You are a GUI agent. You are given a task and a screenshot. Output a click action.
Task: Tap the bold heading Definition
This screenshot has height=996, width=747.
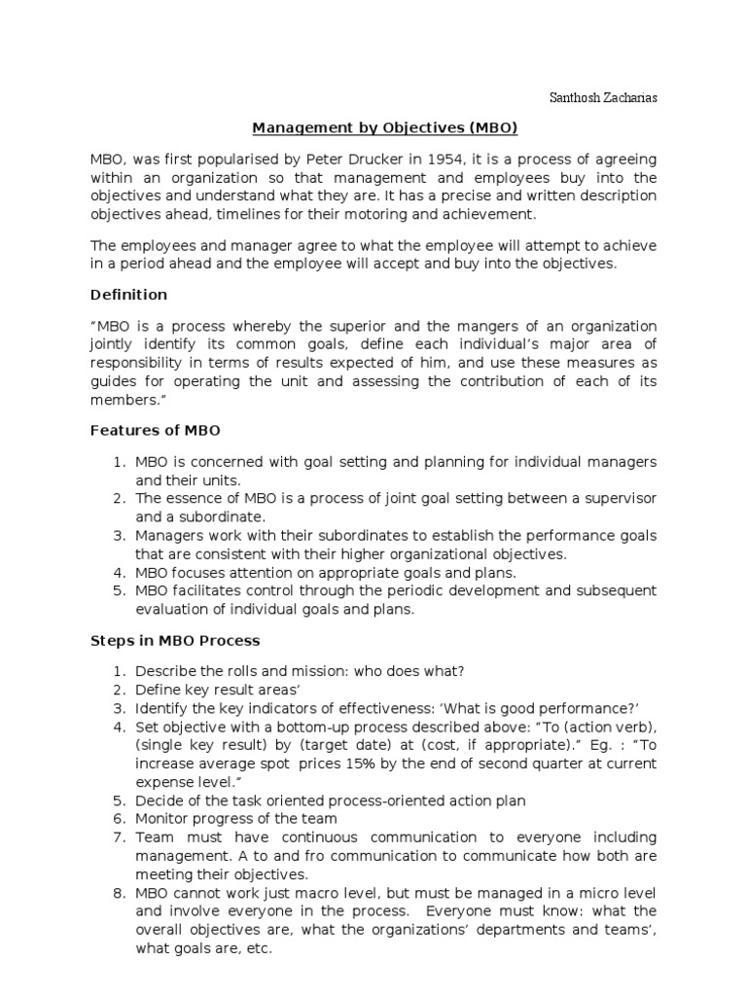(128, 294)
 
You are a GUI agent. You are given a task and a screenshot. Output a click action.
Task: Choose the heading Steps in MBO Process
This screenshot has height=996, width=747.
(174, 641)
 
